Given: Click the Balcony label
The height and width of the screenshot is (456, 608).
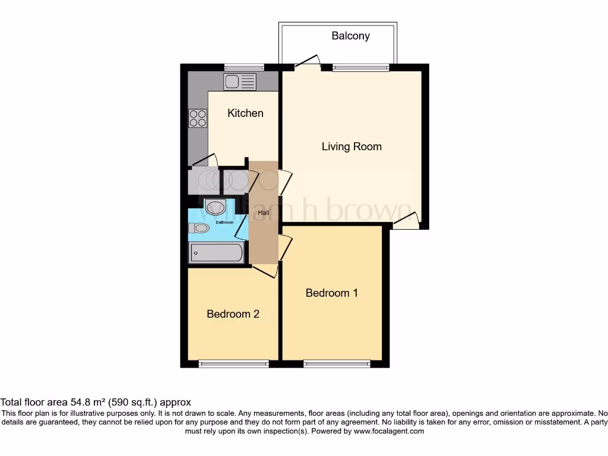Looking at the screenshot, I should [350, 36].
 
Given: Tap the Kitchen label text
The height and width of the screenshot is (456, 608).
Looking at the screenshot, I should [245, 113].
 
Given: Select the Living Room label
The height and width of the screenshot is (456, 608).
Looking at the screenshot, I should [351, 147].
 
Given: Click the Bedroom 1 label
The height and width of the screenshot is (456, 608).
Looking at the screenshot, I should [332, 293].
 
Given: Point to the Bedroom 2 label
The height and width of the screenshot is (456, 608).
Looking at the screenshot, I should [233, 314].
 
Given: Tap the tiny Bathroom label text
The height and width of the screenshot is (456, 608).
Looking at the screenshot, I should [224, 223].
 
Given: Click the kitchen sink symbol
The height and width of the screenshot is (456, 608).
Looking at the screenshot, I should [240, 81].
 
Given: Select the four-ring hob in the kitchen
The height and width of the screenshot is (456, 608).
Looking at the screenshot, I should [198, 118].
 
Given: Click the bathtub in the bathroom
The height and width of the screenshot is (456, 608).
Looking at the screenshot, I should [216, 253].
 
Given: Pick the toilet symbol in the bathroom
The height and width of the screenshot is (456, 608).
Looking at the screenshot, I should [199, 228].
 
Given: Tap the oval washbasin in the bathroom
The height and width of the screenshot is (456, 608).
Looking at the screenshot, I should [215, 207].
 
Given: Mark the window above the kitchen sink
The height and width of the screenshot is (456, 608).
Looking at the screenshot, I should [244, 66].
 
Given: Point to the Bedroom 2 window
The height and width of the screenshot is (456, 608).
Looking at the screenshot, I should [233, 363].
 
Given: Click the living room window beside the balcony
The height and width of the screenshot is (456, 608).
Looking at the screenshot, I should [361, 67].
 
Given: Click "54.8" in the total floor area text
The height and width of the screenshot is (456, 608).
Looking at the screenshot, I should [92, 402].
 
